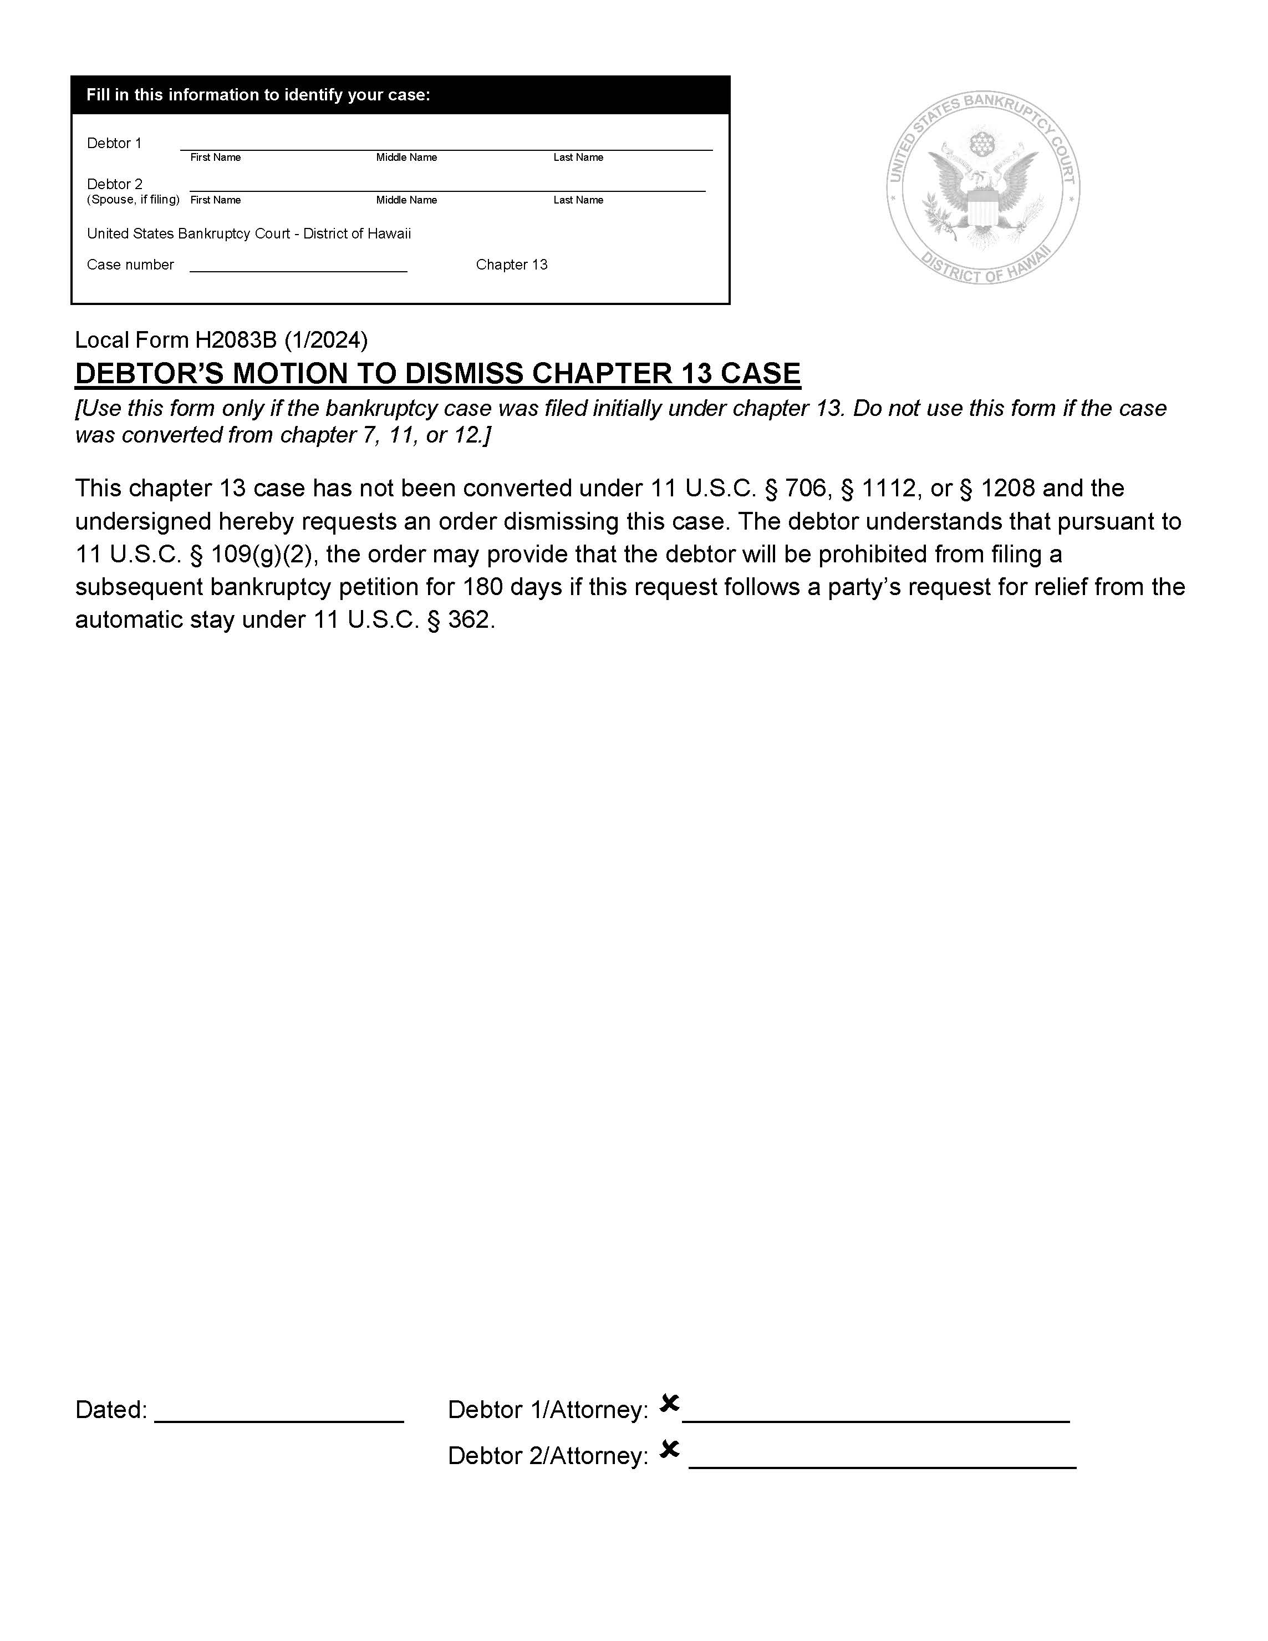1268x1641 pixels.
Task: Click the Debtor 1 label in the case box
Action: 114,143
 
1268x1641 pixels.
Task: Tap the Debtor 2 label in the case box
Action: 114,184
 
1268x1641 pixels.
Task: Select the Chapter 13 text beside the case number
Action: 512,265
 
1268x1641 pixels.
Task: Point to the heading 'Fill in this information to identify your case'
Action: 258,95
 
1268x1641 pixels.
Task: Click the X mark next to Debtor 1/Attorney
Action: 669,1402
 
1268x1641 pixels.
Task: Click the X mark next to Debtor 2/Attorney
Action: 669,1449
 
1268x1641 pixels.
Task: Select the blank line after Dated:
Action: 279,1419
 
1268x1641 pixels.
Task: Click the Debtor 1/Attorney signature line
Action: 876,1419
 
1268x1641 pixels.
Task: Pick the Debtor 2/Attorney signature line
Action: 882,1465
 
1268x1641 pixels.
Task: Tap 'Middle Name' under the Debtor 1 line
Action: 406,157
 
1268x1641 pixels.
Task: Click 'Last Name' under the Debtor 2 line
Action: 578,200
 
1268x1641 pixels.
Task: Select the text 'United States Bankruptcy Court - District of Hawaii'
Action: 248,233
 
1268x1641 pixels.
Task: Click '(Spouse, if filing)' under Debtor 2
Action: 133,199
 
